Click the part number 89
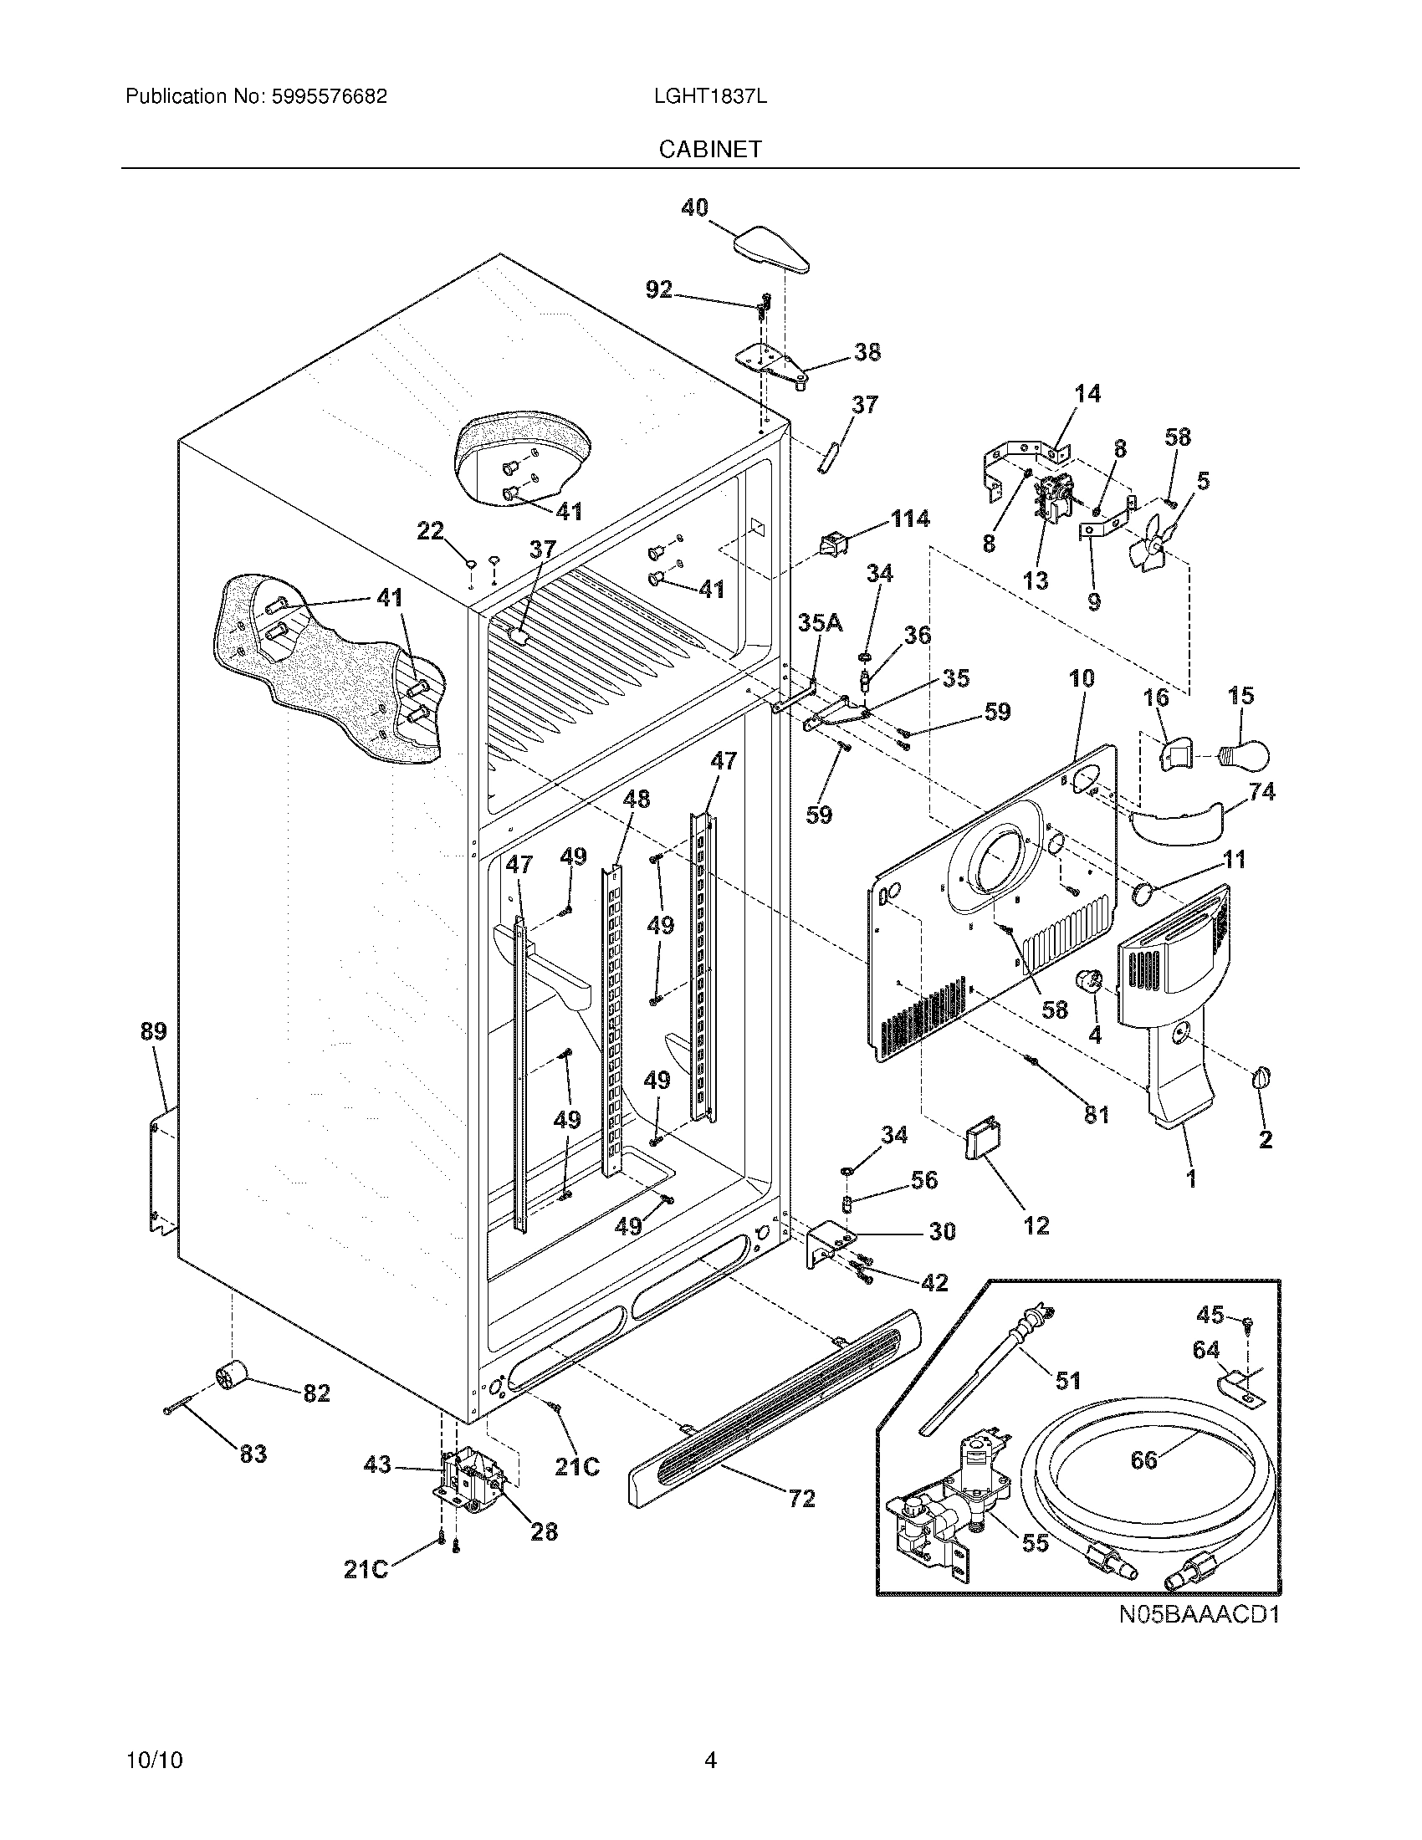click(x=153, y=1030)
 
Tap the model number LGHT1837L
click(x=709, y=97)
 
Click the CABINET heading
click(x=709, y=149)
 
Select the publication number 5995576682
click(x=329, y=97)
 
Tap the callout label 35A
click(x=820, y=622)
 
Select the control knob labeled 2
click(x=1263, y=1077)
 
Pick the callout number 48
click(x=636, y=798)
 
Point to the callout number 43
click(x=377, y=1465)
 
